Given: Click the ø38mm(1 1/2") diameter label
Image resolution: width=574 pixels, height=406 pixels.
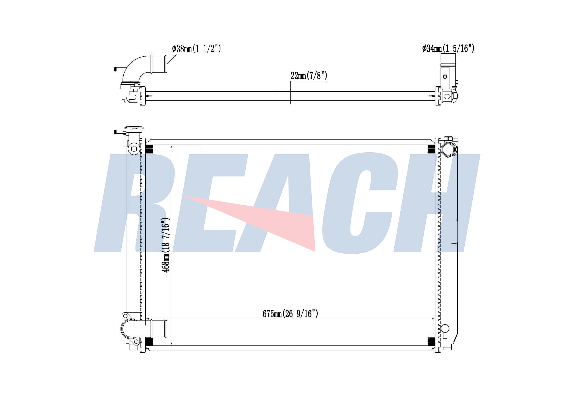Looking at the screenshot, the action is (x=197, y=49).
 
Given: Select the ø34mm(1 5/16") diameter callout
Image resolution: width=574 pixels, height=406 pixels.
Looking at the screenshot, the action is (x=448, y=48).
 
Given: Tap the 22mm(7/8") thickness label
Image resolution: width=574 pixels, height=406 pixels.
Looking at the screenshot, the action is (x=309, y=76).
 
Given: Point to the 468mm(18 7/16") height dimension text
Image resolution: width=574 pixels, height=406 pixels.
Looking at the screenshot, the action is (x=166, y=245).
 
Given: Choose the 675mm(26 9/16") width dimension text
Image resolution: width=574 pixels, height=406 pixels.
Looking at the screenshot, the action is (x=290, y=314).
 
